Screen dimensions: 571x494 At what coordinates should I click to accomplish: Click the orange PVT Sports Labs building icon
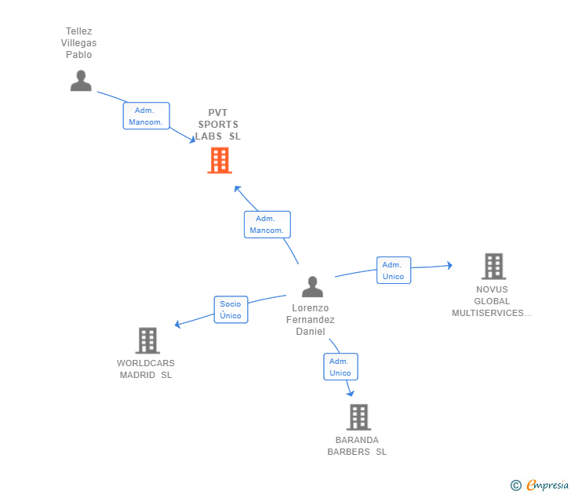tap(220, 160)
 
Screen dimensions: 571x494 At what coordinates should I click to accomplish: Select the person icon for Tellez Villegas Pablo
tap(81, 81)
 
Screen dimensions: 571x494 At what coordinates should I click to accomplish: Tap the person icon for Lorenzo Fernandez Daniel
tap(312, 286)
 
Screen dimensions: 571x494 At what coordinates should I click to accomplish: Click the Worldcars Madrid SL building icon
tap(147, 340)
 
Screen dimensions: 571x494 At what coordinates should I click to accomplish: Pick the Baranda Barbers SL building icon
tap(358, 417)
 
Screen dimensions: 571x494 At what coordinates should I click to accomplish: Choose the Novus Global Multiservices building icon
tap(494, 266)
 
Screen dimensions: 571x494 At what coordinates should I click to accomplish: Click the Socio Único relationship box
tap(231, 310)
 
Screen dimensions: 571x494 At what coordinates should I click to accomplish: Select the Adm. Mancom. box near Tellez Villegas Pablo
tap(147, 116)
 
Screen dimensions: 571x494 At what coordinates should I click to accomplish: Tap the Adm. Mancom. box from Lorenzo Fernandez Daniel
tap(267, 224)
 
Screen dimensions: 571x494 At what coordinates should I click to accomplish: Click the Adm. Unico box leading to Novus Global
tap(394, 270)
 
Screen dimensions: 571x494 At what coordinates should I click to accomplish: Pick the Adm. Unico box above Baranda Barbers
tap(341, 367)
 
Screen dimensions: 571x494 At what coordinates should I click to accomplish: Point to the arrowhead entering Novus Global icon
tap(450, 265)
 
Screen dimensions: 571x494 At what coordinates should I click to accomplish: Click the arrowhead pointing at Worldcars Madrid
tap(178, 324)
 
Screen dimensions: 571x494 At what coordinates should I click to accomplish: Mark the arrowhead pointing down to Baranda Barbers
tap(351, 393)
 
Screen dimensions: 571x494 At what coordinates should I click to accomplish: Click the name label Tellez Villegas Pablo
tap(78, 43)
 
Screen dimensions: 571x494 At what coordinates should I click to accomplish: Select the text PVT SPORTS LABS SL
tap(218, 125)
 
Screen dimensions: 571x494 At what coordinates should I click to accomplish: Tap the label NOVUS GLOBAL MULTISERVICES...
tap(492, 301)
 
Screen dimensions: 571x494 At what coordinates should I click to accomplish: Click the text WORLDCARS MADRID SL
tap(146, 369)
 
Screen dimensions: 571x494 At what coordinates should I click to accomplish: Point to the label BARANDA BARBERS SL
tap(357, 446)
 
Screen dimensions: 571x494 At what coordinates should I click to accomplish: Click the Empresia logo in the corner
tap(540, 485)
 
